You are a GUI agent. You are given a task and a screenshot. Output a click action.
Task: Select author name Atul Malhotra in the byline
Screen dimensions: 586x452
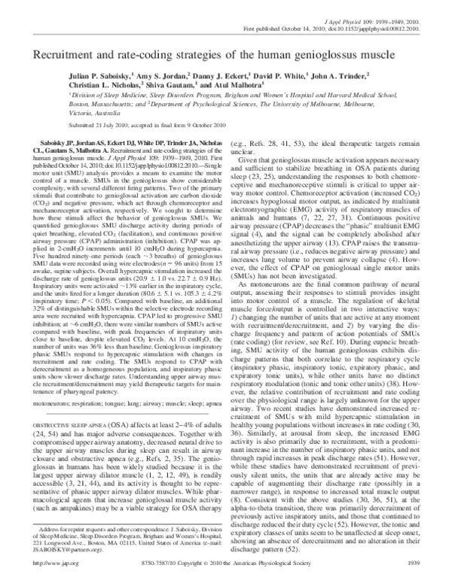point(235,87)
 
